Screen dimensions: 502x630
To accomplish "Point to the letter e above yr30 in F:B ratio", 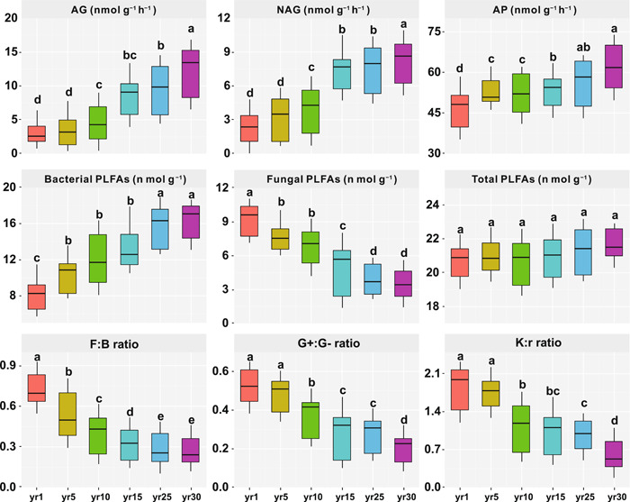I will (x=192, y=425).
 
